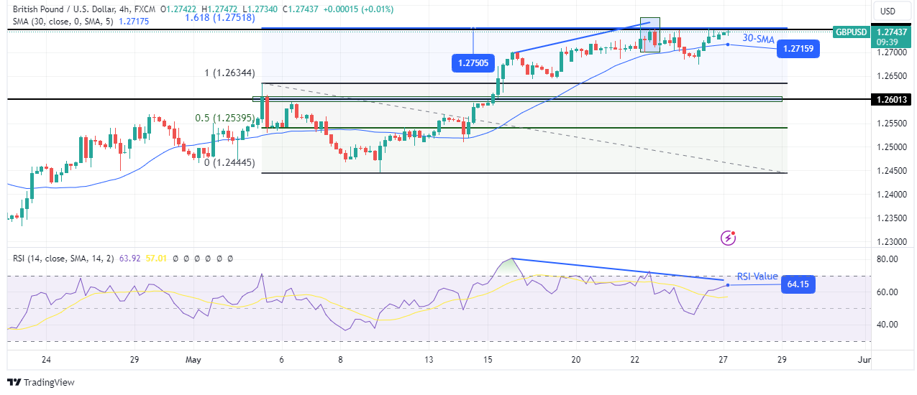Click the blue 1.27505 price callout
point(472,63)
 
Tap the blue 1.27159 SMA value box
point(798,49)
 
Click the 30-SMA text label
point(758,39)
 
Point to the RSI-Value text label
point(757,276)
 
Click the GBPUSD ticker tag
point(849,32)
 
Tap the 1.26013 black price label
point(890,100)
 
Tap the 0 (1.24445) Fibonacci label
point(229,163)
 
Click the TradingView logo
point(41,382)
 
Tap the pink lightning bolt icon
point(729,237)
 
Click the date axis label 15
point(488,360)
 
